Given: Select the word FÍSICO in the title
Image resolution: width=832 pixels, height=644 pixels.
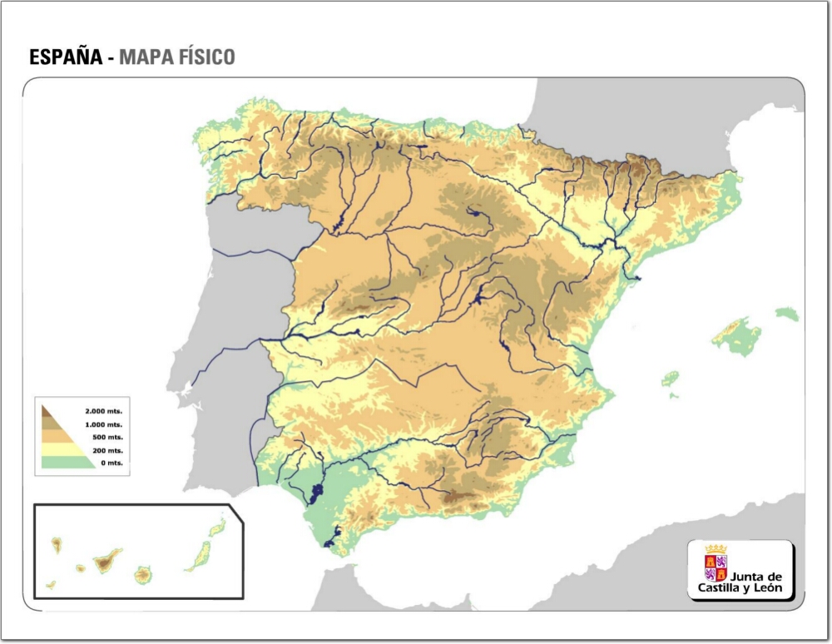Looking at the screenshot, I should [207, 57].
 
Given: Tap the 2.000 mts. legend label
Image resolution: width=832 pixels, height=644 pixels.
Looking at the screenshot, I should [103, 411].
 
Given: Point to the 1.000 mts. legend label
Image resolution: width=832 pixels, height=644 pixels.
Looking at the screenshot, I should [103, 424].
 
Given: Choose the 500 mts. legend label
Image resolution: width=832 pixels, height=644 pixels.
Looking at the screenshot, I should [107, 437].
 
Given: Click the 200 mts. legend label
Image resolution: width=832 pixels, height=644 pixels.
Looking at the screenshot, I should [107, 450].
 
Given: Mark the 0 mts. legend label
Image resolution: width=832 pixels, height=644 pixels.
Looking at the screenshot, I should [111, 463].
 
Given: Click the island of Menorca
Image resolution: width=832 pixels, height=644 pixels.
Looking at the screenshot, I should [787, 314].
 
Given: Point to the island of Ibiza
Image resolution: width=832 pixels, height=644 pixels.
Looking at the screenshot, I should [670, 379].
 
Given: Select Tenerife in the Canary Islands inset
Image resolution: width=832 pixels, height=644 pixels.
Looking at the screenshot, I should [106, 560].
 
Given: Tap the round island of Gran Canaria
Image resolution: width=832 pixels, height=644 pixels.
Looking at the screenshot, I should [143, 574].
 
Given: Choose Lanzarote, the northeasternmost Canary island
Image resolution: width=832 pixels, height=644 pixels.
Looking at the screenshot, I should [217, 527].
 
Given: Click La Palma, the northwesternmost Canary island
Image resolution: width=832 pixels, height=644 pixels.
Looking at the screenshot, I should [57, 545].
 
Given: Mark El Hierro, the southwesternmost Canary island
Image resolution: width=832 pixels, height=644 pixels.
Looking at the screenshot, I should [51, 585].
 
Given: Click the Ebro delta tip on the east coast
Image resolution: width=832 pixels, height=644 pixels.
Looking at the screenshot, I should [638, 278].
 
